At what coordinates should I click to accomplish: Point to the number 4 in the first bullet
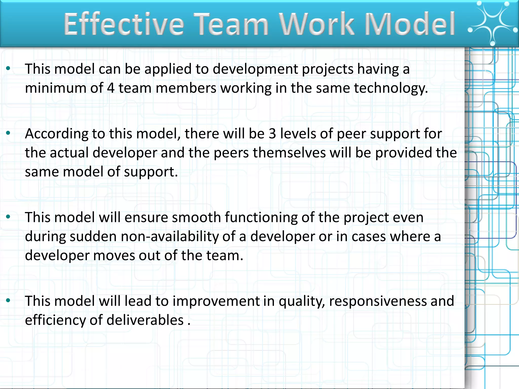pos(110,88)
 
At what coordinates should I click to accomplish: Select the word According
pos(56,134)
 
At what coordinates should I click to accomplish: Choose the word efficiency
pos(55,320)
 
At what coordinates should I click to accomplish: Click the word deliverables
pos(145,320)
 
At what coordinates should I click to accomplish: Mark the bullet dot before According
pos(8,133)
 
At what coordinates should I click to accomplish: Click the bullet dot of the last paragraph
pos(8,300)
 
